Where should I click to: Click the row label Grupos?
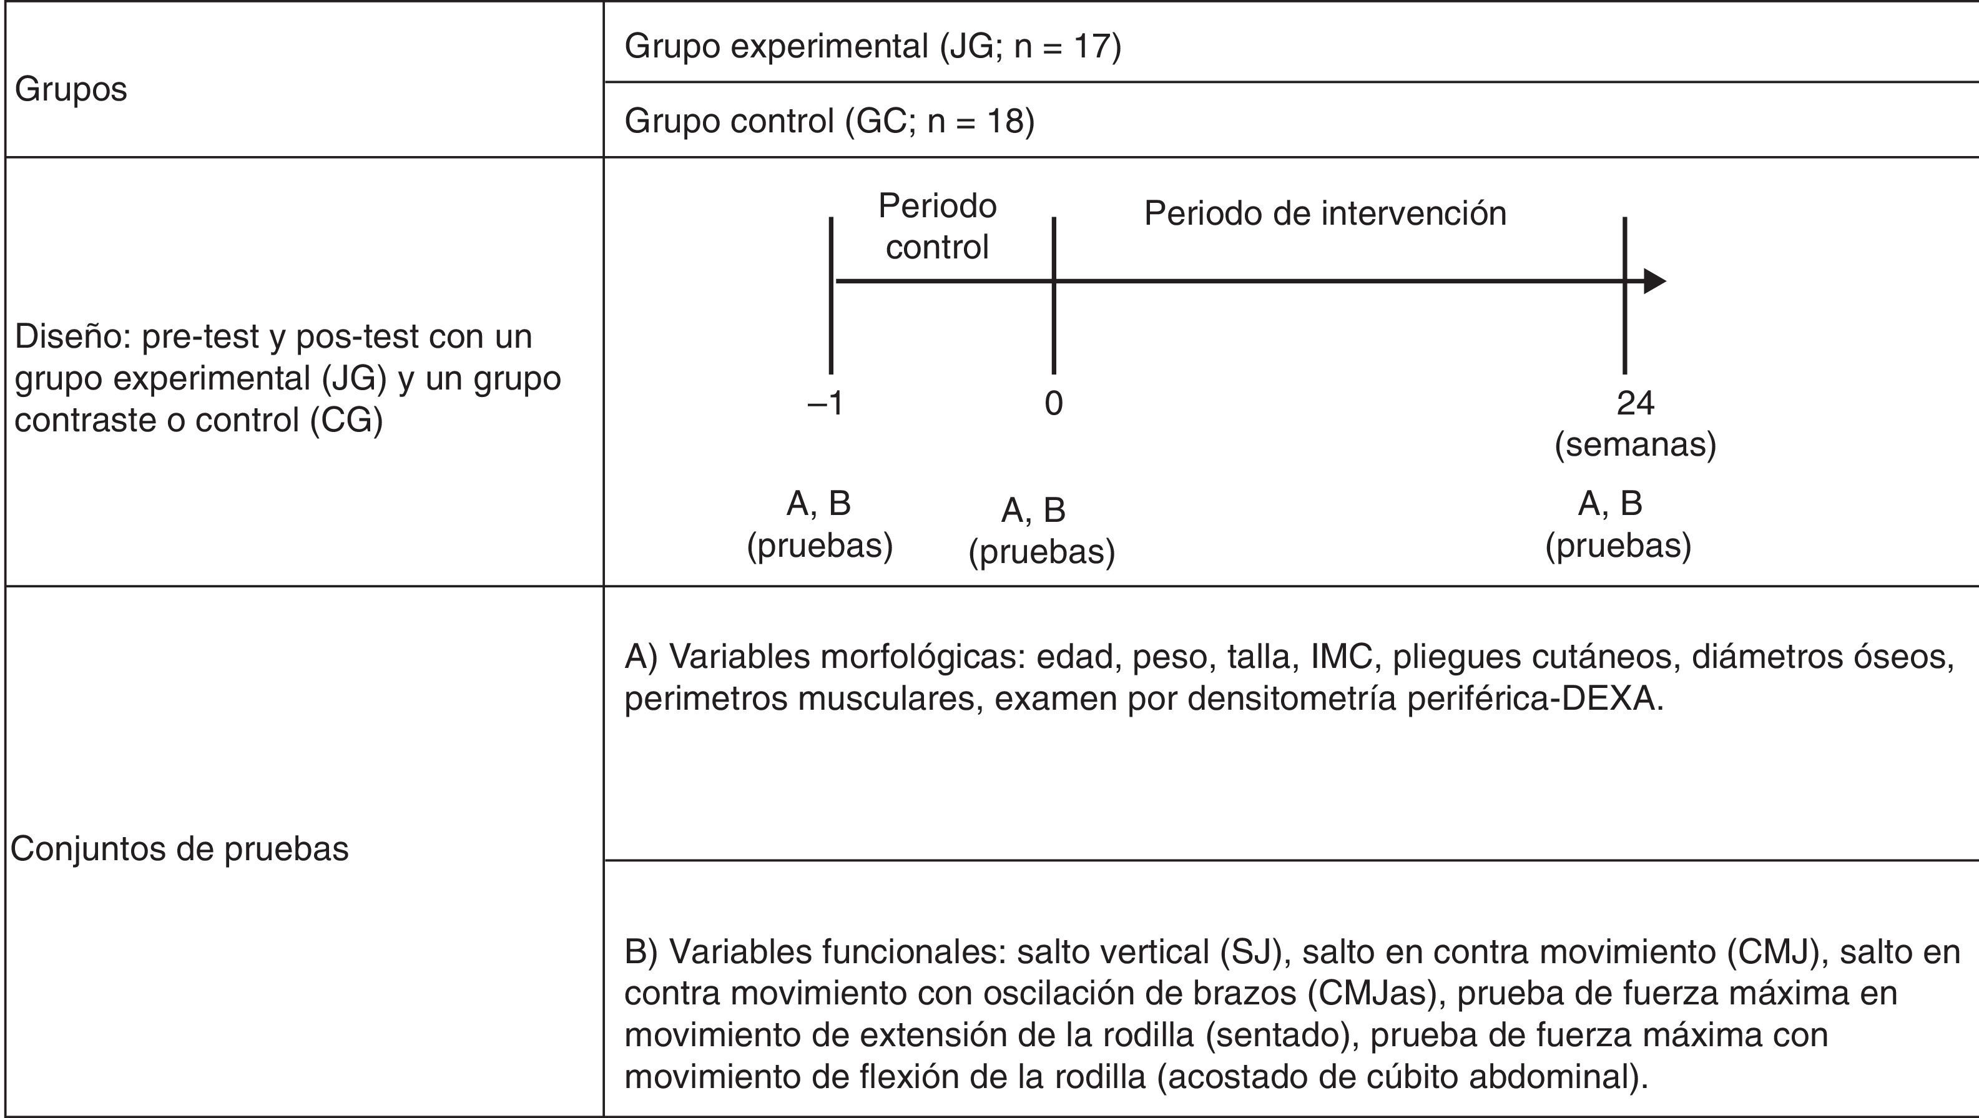[x=71, y=90]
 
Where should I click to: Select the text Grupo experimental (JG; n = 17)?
[x=873, y=46]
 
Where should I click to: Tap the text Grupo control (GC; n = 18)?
[x=830, y=121]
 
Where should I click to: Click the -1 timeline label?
[x=825, y=403]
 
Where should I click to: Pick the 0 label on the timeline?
[x=1053, y=403]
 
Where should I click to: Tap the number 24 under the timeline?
[x=1635, y=403]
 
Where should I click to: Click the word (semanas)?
[x=1635, y=445]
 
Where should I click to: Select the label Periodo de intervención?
[x=1325, y=213]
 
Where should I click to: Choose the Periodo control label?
[x=937, y=227]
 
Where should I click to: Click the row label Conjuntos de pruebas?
[x=180, y=849]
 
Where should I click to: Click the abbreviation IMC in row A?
[x=1342, y=657]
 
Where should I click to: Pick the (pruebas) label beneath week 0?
[x=1042, y=552]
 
